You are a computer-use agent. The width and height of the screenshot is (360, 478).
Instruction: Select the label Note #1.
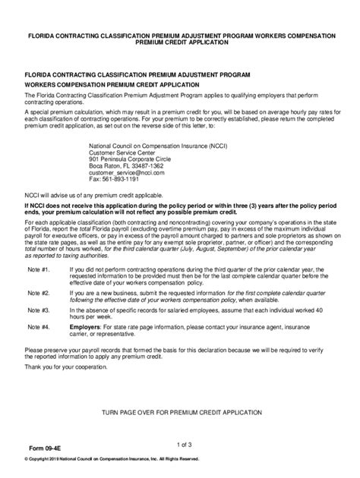click(36, 311)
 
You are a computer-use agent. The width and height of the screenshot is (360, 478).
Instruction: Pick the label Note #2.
click(36, 334)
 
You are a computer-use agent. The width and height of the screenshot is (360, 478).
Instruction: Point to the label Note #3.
click(36, 351)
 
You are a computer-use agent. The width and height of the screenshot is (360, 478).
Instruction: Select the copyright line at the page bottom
click(112, 458)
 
